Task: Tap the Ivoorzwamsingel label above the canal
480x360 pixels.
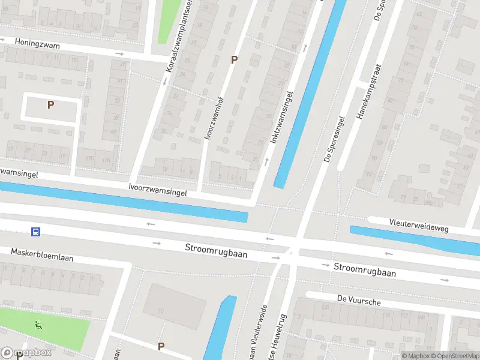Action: (158, 190)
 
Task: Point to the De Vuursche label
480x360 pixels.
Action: (359, 301)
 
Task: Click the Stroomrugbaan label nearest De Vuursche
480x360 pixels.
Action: (365, 269)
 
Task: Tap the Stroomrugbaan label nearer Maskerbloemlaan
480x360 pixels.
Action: (216, 250)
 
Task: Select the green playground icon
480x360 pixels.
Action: (39, 325)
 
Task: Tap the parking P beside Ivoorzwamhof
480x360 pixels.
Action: (235, 59)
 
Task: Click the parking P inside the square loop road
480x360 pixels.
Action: (51, 104)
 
